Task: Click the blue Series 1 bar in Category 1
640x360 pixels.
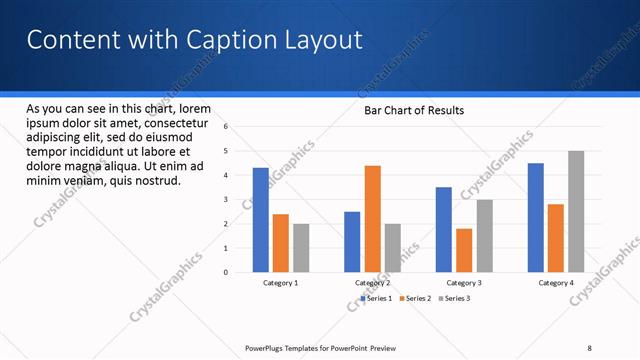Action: coord(261,220)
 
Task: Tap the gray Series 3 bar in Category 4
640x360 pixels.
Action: coord(576,211)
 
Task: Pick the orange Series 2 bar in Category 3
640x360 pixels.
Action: coord(464,250)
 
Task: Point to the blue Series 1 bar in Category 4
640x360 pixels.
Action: coord(536,217)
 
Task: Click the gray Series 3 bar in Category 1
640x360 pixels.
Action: coord(301,248)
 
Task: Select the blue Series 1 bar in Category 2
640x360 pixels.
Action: coord(352,241)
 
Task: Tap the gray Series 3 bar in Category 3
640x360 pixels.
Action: coord(484,236)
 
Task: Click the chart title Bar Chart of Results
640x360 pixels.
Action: coord(413,110)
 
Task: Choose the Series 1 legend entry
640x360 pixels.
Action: coord(375,298)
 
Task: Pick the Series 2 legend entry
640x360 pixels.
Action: coord(415,298)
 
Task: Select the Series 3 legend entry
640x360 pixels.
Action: coord(455,298)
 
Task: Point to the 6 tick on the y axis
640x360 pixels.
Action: coord(227,127)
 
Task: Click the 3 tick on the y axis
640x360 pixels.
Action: coord(227,199)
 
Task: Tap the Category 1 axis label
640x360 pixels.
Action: coord(280,283)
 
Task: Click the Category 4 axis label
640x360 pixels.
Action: coord(556,283)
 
